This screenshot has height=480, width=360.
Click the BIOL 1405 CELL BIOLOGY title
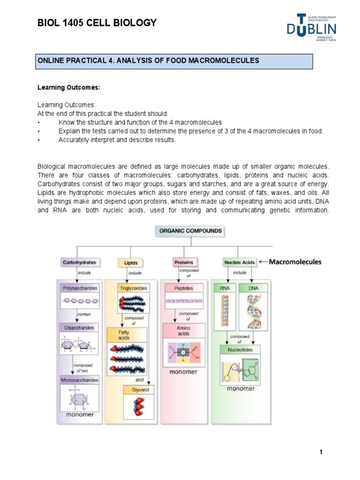[x=97, y=23]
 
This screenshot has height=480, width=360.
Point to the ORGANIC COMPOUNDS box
[x=190, y=231]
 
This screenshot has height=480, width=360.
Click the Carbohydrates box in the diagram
[x=79, y=263]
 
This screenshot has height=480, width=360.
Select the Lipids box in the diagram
[x=131, y=263]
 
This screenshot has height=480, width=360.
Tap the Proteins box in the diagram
[x=183, y=262]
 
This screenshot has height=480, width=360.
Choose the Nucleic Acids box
[x=240, y=263]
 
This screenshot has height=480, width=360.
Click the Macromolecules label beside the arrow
[x=295, y=262]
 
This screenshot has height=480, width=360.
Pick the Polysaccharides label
[x=80, y=288]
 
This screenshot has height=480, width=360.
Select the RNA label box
[x=225, y=288]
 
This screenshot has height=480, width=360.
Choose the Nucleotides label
[x=240, y=350]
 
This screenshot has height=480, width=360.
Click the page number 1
[x=321, y=452]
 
